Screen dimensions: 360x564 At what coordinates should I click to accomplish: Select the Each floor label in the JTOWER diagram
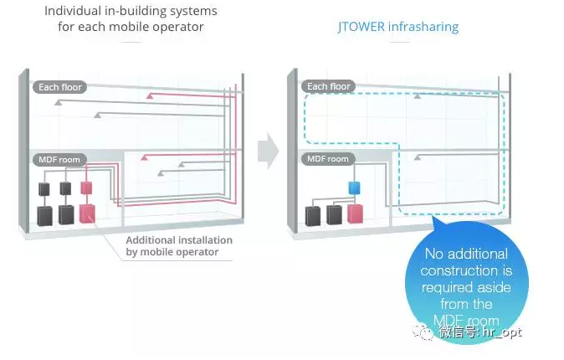329,86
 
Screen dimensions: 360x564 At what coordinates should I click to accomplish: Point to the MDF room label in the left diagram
55,159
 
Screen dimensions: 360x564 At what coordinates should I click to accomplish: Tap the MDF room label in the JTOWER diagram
327,158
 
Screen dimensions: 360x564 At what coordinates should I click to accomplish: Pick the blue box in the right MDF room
354,188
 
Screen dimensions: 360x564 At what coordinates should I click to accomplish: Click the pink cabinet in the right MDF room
356,214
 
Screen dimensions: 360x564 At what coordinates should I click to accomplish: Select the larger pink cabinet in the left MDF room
87,213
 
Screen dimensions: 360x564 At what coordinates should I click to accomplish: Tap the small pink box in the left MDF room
85,188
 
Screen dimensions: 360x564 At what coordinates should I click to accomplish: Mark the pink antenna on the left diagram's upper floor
150,97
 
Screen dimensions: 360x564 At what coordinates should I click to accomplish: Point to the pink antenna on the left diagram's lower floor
145,157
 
